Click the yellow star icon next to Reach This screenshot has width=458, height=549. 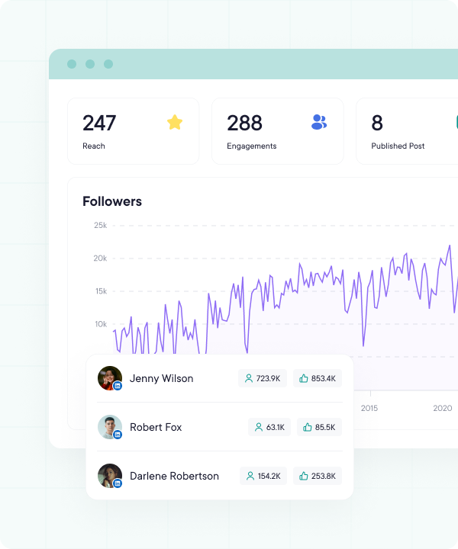coord(175,122)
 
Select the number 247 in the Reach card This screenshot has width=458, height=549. coord(99,123)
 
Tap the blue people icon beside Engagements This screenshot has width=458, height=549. coord(319,122)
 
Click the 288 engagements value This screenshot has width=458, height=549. coord(244,123)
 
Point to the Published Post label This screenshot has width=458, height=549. coord(398,146)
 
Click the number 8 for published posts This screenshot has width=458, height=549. coord(377,123)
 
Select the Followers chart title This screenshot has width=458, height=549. coord(112,201)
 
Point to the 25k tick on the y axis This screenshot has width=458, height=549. coord(100,225)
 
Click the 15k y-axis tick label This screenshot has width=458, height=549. coord(100,291)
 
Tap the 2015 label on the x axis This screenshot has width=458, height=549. coord(369,409)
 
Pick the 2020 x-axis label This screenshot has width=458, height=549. coord(443,409)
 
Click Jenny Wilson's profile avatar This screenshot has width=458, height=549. coord(109,378)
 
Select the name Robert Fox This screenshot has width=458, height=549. coord(156,427)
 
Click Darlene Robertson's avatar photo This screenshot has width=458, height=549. coord(109,476)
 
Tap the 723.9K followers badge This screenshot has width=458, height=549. coord(263,378)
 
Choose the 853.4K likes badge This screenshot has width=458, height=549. coord(318,378)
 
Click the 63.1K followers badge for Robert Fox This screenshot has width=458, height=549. coord(269,427)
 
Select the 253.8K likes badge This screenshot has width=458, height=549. coord(318,476)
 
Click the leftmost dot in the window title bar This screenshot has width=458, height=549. coord(72,64)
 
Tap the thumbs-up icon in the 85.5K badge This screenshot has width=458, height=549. coord(308,427)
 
